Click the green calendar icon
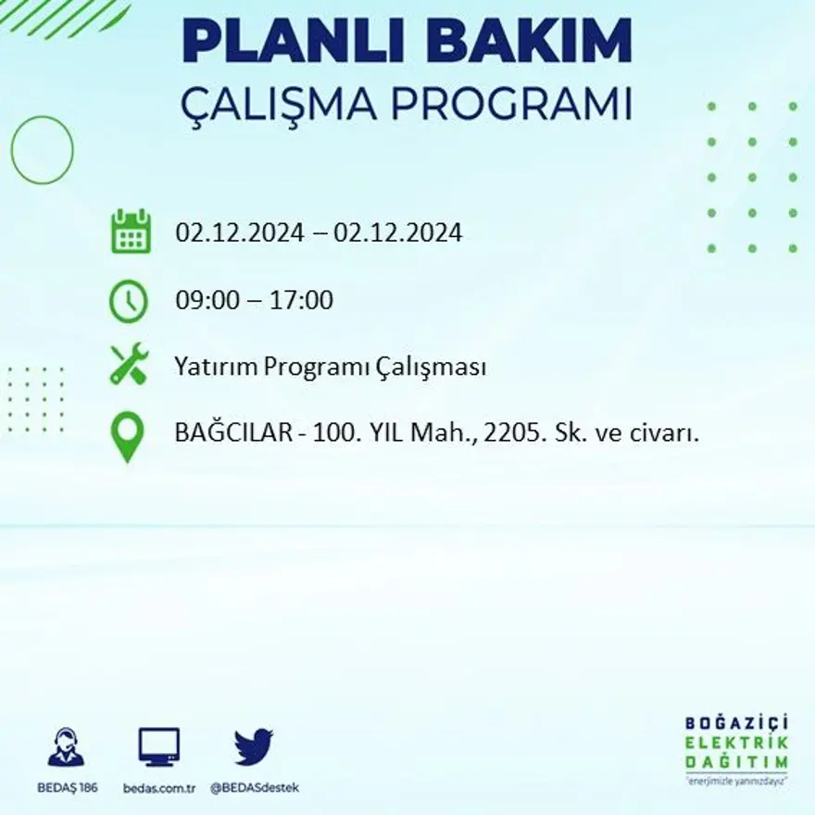click(130, 232)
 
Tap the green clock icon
click(128, 301)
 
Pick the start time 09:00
click(203, 301)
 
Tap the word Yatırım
click(216, 368)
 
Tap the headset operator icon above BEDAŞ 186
click(66, 747)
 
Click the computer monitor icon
click(159, 746)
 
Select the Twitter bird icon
click(254, 746)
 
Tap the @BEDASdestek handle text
click(255, 787)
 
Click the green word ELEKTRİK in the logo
click(738, 742)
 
